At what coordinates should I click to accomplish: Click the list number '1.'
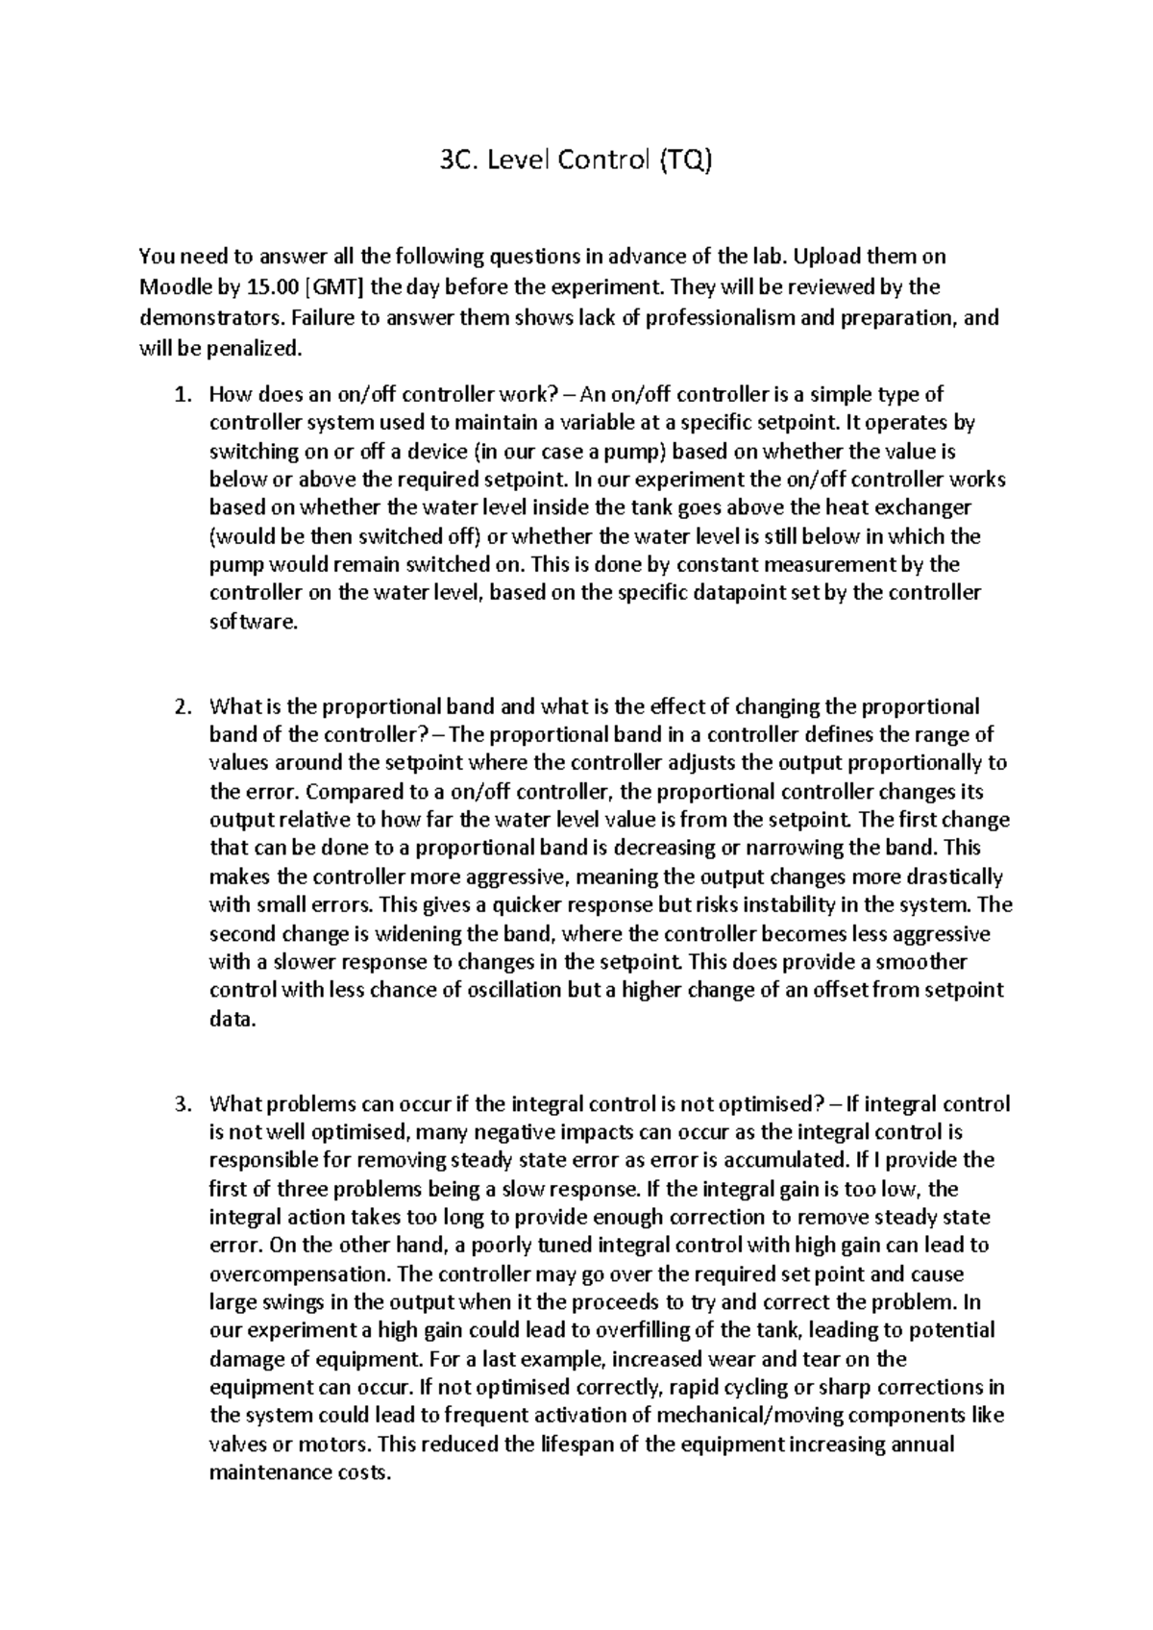click(183, 395)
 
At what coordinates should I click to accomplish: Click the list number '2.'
click(183, 707)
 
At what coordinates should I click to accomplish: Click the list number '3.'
click(183, 1104)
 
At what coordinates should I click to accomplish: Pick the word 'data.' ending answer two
click(233, 1020)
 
